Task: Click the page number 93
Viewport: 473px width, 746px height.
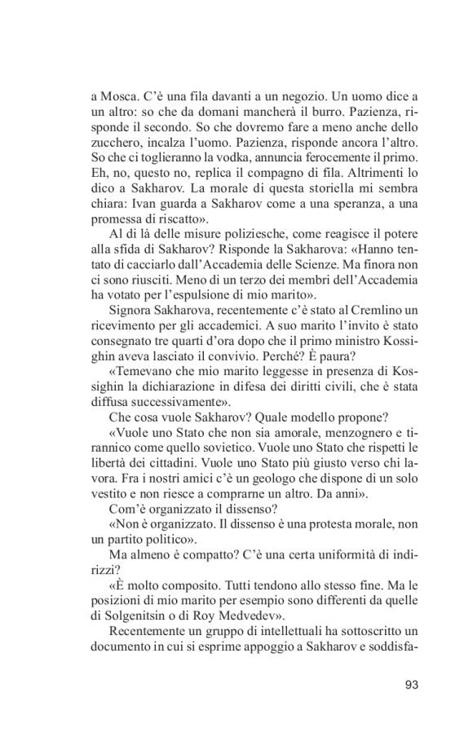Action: [410, 684]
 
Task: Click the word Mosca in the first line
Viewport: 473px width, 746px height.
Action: [119, 97]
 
